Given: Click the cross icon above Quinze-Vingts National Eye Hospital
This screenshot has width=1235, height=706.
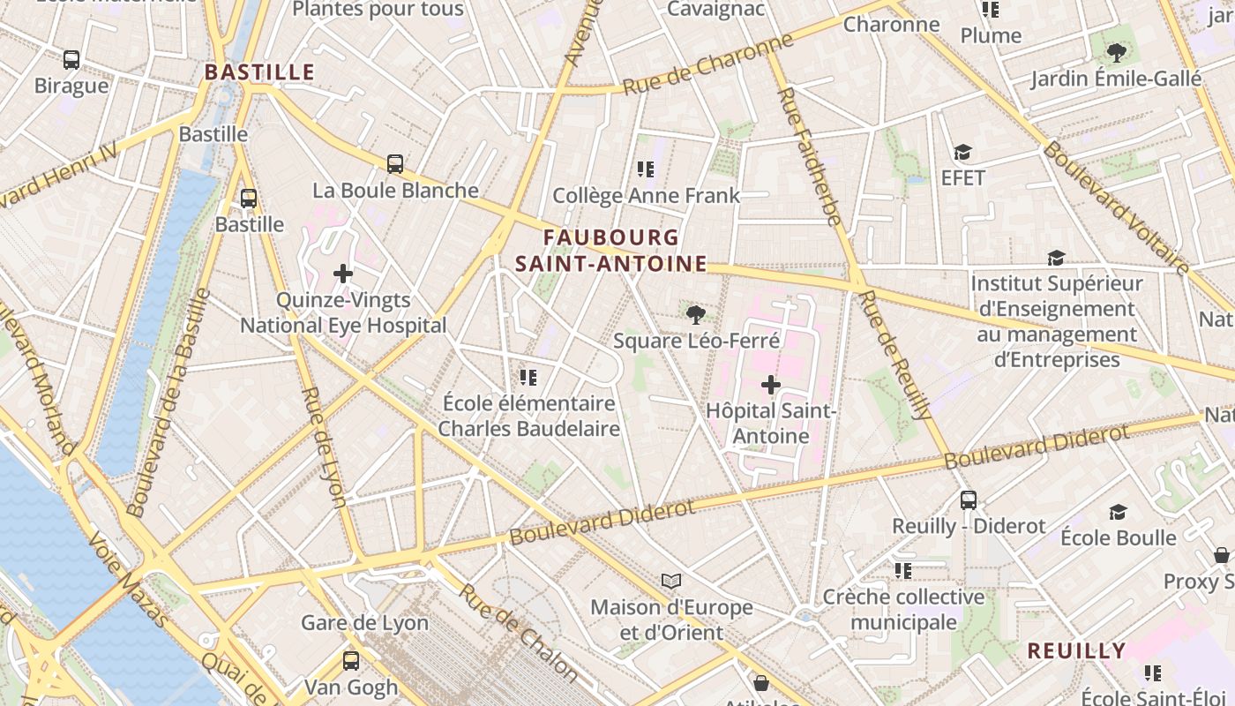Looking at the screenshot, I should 343,274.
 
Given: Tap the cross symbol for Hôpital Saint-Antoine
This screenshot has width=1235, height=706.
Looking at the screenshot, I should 771,385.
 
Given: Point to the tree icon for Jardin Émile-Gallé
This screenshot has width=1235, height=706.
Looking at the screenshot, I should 1117,53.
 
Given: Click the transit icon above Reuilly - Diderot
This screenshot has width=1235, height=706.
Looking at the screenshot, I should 969,500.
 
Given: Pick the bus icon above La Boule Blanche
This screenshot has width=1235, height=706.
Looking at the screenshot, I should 395,164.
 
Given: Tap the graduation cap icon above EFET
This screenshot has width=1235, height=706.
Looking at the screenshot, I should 962,153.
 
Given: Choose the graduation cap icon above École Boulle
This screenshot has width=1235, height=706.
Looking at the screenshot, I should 1118,512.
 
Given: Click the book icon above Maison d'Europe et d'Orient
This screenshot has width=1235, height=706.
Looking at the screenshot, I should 671,582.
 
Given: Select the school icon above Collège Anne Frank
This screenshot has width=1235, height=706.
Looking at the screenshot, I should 646,169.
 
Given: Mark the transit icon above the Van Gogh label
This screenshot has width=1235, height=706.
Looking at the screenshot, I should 351,661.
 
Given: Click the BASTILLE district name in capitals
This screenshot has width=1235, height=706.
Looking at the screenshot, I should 259,72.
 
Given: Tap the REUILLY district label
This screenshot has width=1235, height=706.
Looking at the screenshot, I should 1076,651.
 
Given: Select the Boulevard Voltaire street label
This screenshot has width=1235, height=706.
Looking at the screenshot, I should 1116,207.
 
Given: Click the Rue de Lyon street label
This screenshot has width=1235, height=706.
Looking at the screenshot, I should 323,447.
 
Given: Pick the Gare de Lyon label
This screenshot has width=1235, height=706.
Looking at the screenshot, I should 364,622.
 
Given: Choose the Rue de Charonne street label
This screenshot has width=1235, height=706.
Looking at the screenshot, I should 708,65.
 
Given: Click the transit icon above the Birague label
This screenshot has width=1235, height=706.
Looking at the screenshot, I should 71,60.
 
